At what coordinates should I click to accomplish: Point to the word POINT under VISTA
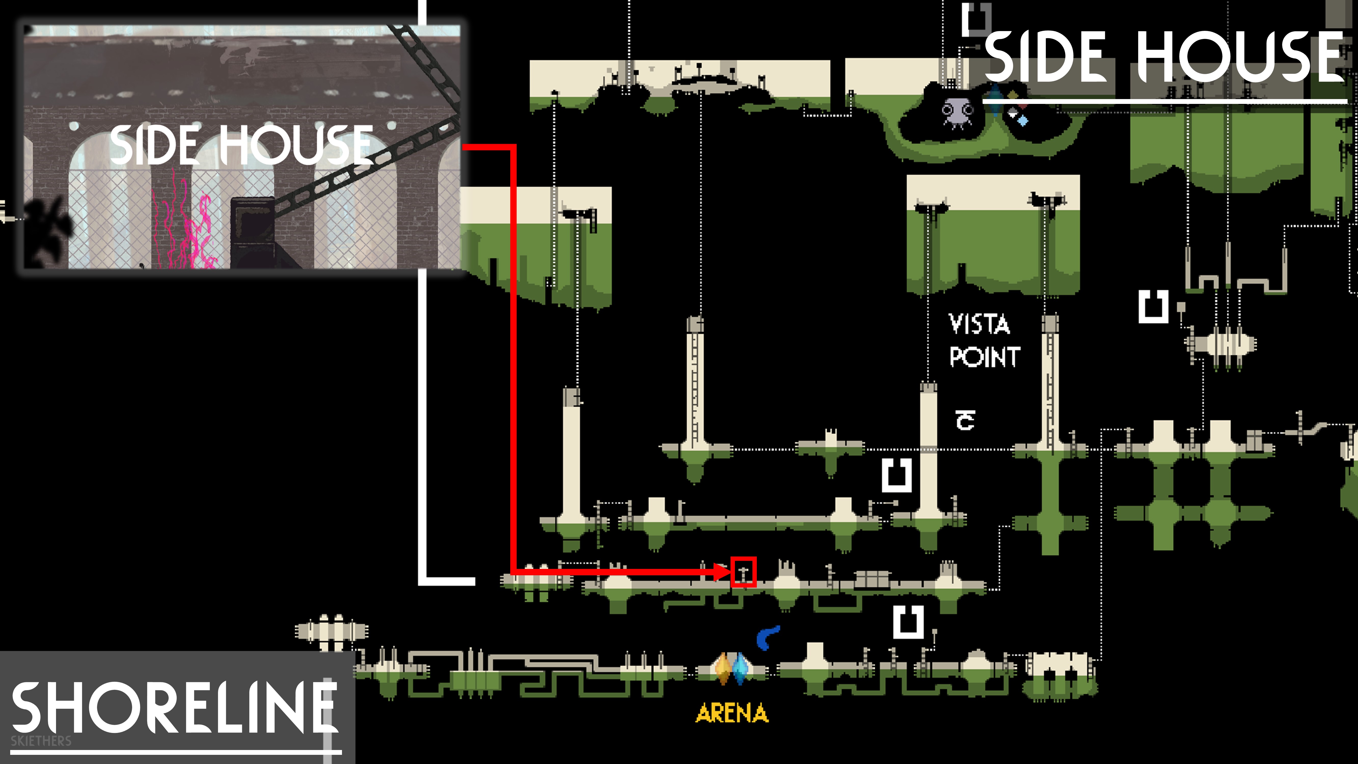[984, 357]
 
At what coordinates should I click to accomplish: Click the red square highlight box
[743, 571]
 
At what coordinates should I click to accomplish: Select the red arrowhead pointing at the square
[721, 571]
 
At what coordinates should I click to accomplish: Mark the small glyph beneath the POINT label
[965, 420]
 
